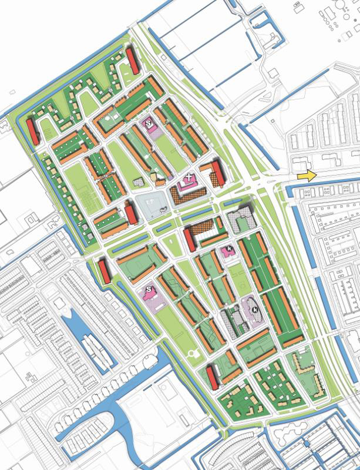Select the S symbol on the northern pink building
pos(149,123)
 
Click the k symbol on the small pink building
pos(228,250)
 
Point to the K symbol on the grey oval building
pos(255,309)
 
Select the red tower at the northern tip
pos(132,61)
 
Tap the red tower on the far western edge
pos(32,132)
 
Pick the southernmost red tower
pos(212,377)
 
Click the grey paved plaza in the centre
pos(154,207)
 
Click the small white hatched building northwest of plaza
pos(139,183)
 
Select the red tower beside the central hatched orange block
pos(190,240)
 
